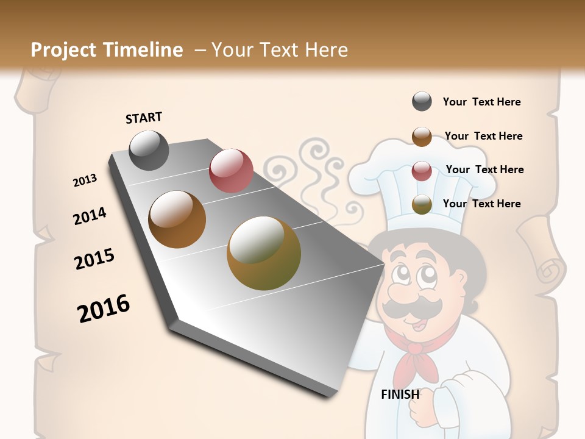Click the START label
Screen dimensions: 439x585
click(144, 118)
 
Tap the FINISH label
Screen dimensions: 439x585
click(400, 394)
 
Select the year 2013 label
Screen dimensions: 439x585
click(85, 180)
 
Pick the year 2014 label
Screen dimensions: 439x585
click(90, 216)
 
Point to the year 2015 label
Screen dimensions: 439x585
click(94, 259)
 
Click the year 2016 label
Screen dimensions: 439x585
click(104, 309)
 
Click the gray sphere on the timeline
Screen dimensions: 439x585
click(149, 150)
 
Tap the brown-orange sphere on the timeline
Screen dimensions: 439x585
click(177, 220)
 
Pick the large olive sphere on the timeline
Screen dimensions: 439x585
click(264, 253)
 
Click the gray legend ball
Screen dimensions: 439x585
click(422, 102)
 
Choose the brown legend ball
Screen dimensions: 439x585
click(422, 137)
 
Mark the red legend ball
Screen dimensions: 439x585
click(422, 171)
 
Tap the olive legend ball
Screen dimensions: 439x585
click(422, 204)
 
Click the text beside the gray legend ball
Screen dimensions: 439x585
click(481, 102)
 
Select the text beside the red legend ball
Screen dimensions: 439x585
click(484, 170)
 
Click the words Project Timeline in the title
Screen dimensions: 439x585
click(107, 50)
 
